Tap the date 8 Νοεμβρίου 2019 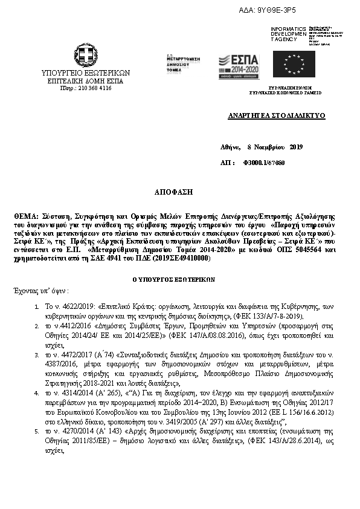tap(275, 146)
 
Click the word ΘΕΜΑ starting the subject tap(25, 216)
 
